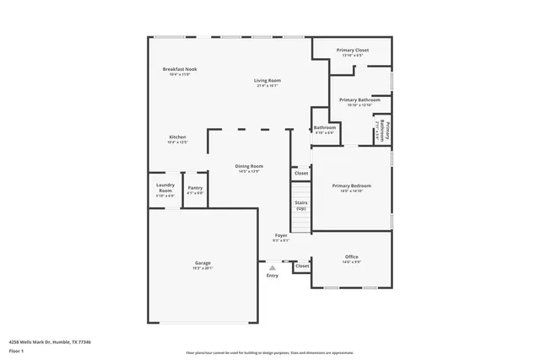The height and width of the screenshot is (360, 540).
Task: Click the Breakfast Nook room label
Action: [180, 68]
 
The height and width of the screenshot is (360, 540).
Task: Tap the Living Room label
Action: [267, 81]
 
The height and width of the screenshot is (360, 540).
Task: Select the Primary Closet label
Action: [352, 51]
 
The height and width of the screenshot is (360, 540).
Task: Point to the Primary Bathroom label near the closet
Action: [359, 99]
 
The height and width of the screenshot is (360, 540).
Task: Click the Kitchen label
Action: [177, 137]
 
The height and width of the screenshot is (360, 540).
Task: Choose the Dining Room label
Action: [249, 166]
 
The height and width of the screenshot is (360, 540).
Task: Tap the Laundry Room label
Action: [165, 188]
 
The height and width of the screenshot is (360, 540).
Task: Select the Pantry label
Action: [195, 188]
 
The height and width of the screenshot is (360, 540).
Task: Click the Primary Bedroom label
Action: [351, 185]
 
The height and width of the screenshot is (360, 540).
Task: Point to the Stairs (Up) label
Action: [300, 205]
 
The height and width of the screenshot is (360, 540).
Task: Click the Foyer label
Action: [280, 235]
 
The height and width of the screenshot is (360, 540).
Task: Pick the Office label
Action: [351, 256]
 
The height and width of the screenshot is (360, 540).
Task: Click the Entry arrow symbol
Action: [272, 267]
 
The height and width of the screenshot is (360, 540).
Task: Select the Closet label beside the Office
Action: [302, 266]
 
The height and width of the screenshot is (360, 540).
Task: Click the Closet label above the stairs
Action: [301, 173]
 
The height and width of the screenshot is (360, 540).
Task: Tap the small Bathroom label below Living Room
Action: [324, 127]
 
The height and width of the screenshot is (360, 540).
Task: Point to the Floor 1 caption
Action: [16, 351]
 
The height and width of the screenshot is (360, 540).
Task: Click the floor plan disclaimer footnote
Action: [269, 352]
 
